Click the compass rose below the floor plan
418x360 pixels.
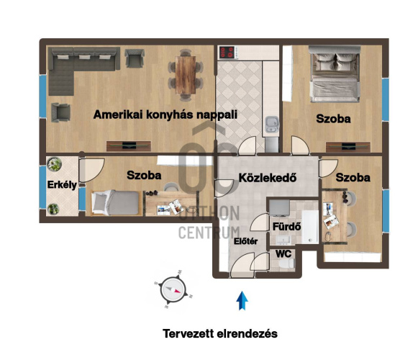(x=173, y=289)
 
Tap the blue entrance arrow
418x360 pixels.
(x=242, y=301)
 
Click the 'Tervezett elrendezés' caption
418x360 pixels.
(x=220, y=334)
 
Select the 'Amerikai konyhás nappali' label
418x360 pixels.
(x=165, y=114)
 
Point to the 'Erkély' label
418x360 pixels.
(x=62, y=185)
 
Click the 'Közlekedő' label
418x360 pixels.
(x=268, y=178)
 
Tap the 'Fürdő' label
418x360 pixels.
(x=286, y=227)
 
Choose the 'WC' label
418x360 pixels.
(x=283, y=253)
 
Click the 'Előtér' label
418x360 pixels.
(x=246, y=241)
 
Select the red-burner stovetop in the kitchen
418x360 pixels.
(x=227, y=53)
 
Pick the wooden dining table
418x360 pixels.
(x=186, y=75)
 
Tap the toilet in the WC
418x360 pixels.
(x=286, y=264)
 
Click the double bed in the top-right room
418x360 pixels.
(x=335, y=74)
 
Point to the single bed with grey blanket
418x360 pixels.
(x=117, y=202)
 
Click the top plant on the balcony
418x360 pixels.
(x=55, y=164)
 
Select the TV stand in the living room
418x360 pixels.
(x=129, y=146)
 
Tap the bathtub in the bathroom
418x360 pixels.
(x=310, y=227)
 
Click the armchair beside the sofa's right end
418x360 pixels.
(x=135, y=58)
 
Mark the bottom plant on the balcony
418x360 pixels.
(x=53, y=209)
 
